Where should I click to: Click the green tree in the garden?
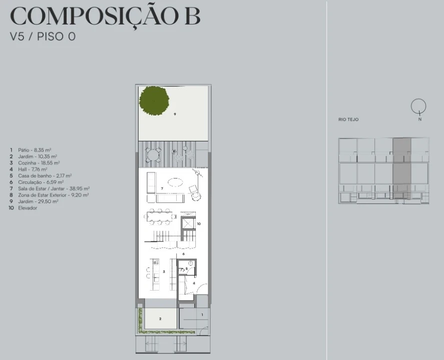coord(154,100)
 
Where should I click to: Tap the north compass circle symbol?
coord(418,106)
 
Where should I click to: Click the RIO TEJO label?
coord(348,119)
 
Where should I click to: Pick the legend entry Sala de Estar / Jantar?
coord(50,188)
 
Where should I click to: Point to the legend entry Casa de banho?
coord(41,175)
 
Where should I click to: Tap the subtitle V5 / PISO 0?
coord(43,36)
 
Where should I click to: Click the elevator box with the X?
coord(187,224)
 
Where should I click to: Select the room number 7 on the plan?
coord(162,188)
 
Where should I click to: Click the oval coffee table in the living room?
coord(175,182)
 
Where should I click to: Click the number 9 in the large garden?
coord(175,114)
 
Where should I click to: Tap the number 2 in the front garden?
coord(160,318)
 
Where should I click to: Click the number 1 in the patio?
coord(202,314)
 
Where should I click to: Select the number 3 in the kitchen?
coord(164,272)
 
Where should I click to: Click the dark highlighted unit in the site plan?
coord(402,168)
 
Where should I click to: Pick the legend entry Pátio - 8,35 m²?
coord(31,150)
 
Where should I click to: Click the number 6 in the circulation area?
coord(184,254)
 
